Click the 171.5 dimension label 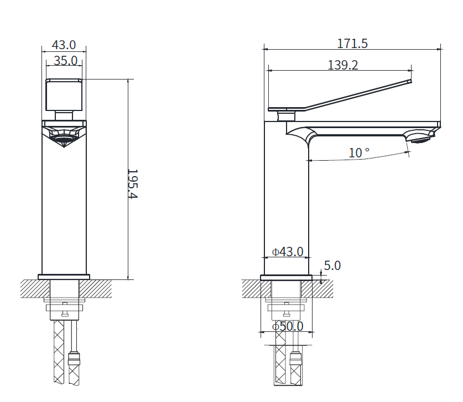pyautogui.click(x=352, y=44)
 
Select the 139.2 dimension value pyautogui.click(x=343, y=65)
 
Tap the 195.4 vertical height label pyautogui.click(x=133, y=184)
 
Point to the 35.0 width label pyautogui.click(x=66, y=61)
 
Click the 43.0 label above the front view pyautogui.click(x=64, y=45)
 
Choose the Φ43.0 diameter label pyautogui.click(x=288, y=252)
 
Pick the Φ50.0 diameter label pyautogui.click(x=288, y=326)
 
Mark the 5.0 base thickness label pyautogui.click(x=332, y=266)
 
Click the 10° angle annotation pyautogui.click(x=359, y=152)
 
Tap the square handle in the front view pyautogui.click(x=64, y=94)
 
